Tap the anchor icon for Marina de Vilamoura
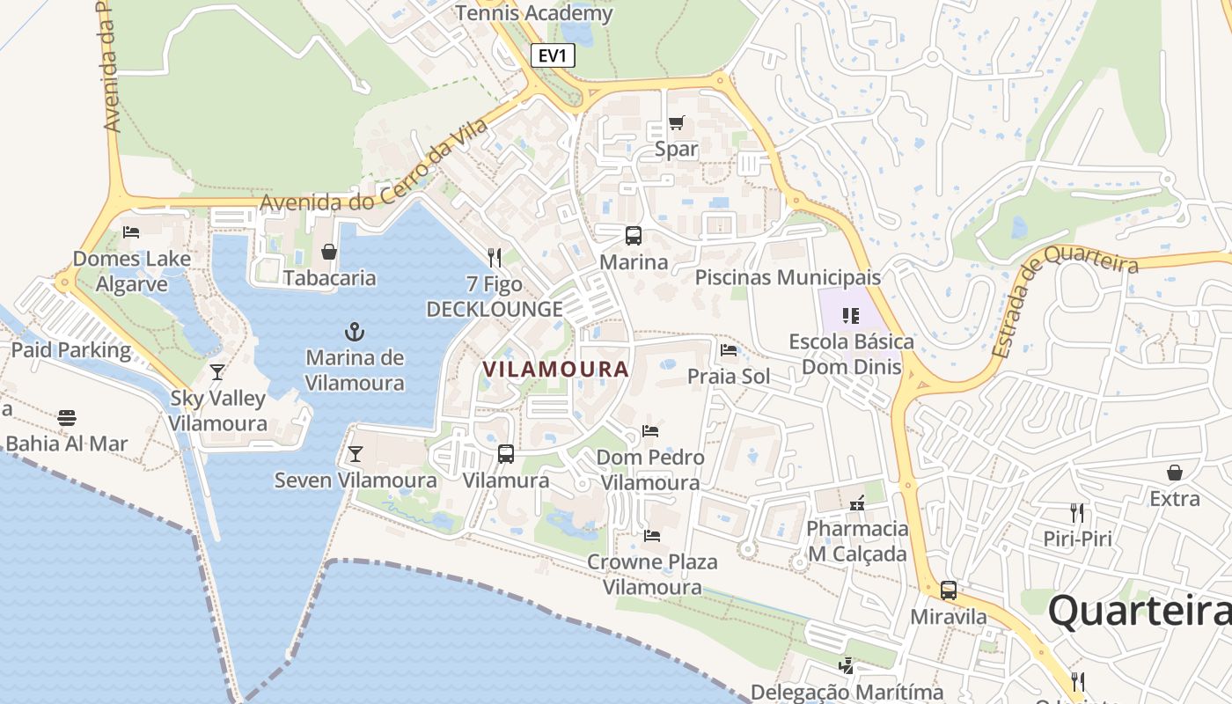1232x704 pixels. (x=355, y=332)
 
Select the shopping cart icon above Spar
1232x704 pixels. (x=676, y=123)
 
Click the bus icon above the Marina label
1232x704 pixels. (x=634, y=235)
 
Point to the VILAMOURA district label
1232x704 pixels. (x=556, y=370)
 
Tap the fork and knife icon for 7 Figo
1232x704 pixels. (x=495, y=258)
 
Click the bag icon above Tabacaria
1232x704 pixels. (x=329, y=253)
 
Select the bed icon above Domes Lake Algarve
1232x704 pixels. (x=131, y=232)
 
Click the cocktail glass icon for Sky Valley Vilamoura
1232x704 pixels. (x=217, y=371)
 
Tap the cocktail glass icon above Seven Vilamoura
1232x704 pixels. (x=355, y=453)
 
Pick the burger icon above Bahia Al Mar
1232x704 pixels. (x=67, y=417)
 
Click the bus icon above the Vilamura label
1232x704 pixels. (x=506, y=454)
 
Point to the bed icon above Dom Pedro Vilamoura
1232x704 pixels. (x=650, y=431)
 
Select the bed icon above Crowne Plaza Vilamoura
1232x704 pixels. (x=652, y=535)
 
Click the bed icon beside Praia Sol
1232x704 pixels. (x=729, y=350)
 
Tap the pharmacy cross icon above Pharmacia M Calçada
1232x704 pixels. (x=857, y=503)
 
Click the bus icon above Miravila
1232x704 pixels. (x=949, y=590)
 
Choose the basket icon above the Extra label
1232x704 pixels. (x=1174, y=473)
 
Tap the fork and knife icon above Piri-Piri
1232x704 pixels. (x=1076, y=513)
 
